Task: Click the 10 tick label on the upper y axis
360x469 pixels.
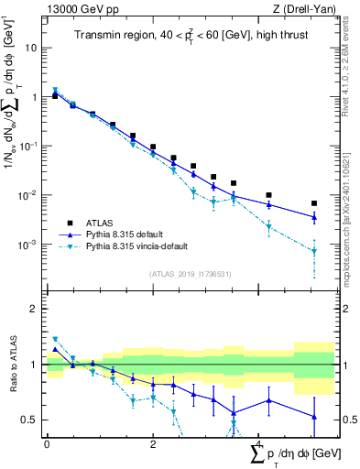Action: (32, 46)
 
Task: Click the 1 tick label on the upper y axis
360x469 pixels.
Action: (35, 96)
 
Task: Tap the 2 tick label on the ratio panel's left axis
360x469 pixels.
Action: (35, 309)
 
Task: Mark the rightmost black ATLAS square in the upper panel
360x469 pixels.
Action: (314, 203)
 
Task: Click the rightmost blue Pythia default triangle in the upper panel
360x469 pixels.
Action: (314, 217)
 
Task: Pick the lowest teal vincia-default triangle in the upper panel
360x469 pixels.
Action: (314, 251)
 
